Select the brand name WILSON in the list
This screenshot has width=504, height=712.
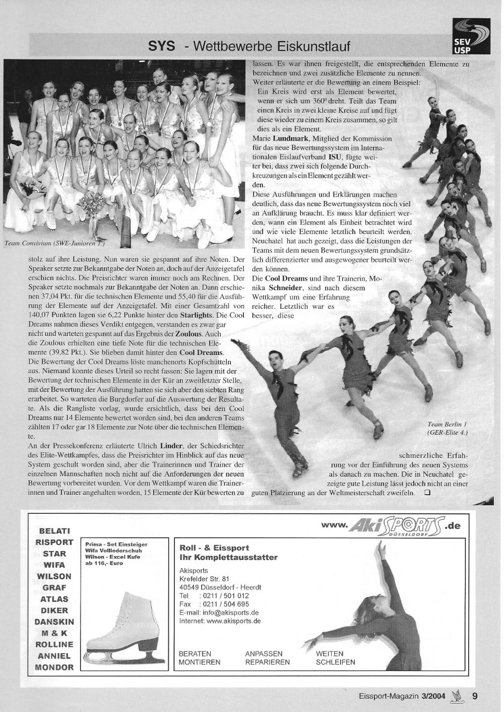(54, 576)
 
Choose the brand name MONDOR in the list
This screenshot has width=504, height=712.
(54, 667)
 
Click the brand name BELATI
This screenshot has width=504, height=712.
(54, 531)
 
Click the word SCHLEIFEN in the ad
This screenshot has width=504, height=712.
(336, 662)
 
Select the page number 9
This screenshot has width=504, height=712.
(475, 696)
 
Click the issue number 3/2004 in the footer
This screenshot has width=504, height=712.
(434, 696)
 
